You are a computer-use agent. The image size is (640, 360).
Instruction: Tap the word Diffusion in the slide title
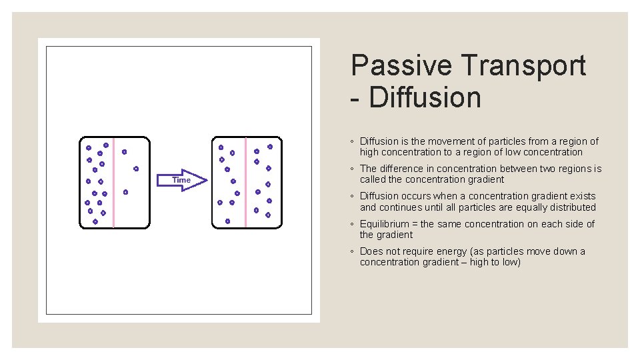pyautogui.click(x=424, y=97)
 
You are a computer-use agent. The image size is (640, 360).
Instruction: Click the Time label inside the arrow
pyautogui.click(x=181, y=180)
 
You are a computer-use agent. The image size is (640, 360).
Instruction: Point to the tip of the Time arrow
pyautogui.click(x=208, y=180)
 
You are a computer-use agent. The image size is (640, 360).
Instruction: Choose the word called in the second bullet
pyautogui.click(x=372, y=179)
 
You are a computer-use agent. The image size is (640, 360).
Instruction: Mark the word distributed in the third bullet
pyautogui.click(x=572, y=207)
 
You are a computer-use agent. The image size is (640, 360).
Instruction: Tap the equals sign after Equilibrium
pyautogui.click(x=415, y=224)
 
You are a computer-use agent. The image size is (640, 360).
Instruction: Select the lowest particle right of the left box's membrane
pyautogui.click(x=125, y=192)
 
